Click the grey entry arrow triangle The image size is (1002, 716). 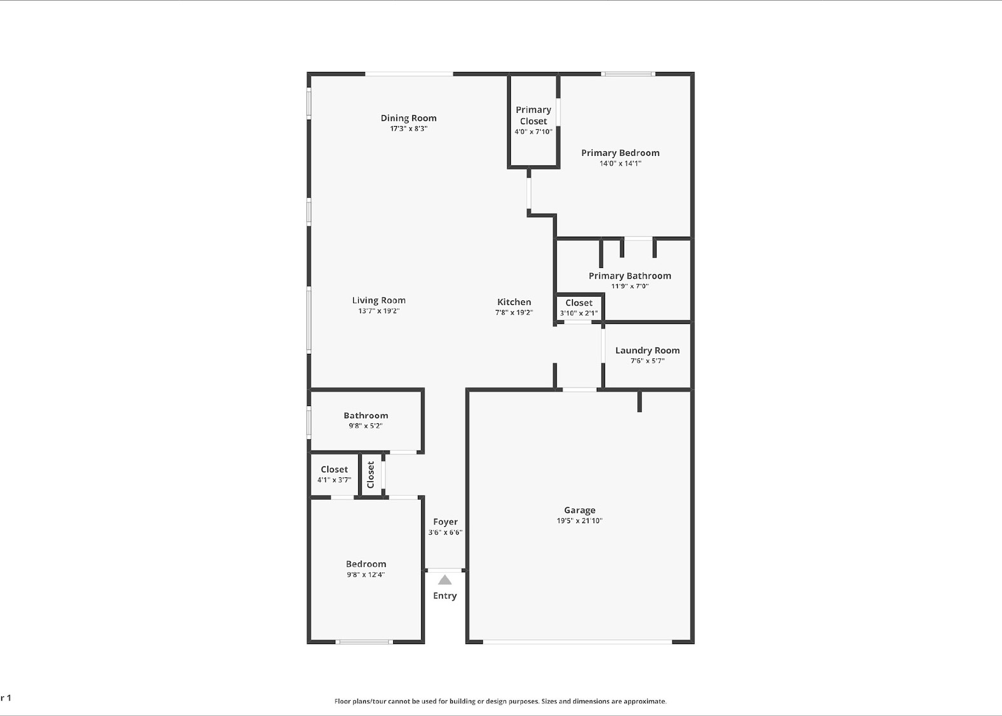445,580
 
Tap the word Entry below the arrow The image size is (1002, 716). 445,596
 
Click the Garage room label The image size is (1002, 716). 580,510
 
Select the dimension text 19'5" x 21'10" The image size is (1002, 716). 580,521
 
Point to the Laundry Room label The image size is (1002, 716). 647,350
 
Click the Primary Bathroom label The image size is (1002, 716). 629,276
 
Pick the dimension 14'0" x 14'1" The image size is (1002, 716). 620,164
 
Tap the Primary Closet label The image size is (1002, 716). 533,115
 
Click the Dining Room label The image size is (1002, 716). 408,118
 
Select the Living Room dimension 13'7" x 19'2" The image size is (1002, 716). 379,311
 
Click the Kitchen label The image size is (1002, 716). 514,302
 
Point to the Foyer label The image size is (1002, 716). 445,522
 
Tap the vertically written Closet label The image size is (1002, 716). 371,474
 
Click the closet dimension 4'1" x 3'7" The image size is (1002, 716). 334,480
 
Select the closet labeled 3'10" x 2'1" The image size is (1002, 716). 578,308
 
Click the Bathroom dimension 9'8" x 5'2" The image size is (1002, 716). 365,426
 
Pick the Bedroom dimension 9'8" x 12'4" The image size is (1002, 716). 366,575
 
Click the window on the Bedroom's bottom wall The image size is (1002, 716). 365,642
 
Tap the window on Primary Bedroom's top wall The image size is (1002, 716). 629,74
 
